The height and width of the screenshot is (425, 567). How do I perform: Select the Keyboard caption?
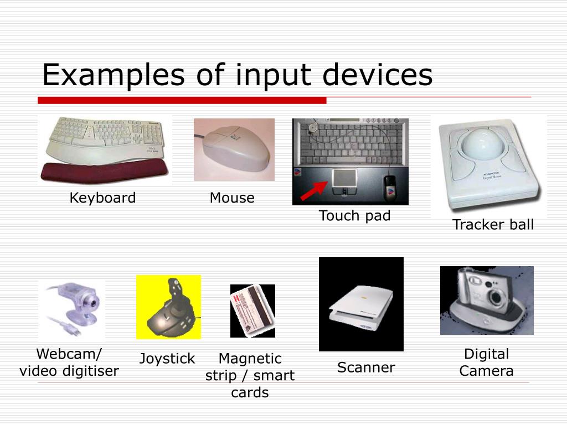tap(102, 198)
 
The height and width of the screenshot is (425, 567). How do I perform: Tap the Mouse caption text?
tap(232, 198)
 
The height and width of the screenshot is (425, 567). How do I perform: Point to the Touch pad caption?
tap(354, 216)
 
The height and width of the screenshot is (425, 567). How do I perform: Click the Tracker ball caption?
tap(493, 225)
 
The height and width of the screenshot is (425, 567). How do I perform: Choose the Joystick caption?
tap(167, 359)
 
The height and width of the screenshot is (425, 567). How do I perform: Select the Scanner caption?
tap(366, 367)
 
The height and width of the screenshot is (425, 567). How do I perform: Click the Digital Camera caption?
tap(486, 362)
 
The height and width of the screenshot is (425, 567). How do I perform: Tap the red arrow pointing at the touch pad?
tap(313, 191)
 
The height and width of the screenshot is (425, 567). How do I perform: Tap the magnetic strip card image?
tap(252, 312)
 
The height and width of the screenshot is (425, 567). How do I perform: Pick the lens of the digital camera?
tap(496, 297)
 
